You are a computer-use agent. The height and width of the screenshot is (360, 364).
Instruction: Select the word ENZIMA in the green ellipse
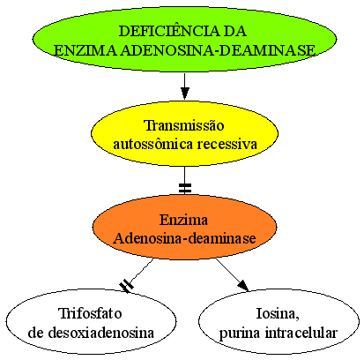[85, 50]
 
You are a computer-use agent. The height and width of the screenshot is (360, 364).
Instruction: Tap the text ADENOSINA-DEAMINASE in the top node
[218, 50]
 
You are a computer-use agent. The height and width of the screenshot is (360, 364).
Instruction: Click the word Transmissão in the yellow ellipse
[184, 125]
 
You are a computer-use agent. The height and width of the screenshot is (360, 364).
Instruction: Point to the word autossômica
[152, 144]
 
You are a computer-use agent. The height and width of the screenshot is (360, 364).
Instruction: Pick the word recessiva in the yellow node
[227, 144]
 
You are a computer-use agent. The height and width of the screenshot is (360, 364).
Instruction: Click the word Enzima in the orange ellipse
[184, 220]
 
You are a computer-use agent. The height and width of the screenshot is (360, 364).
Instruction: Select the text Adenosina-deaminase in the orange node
[184, 238]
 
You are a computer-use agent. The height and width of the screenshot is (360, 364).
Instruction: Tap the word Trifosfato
[91, 313]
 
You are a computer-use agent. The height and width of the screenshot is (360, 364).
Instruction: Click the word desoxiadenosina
[100, 333]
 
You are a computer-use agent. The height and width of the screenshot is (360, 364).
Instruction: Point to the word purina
[240, 334]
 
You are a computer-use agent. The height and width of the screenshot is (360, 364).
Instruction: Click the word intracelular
[301, 333]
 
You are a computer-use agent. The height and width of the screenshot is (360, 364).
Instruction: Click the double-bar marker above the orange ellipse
[185, 188]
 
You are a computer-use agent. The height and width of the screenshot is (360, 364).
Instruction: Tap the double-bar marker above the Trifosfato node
[126, 286]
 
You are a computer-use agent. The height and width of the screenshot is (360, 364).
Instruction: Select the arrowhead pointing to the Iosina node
[243, 286]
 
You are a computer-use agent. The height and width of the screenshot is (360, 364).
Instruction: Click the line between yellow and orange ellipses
[184, 180]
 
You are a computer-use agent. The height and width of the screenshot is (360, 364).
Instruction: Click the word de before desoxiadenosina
[36, 333]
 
